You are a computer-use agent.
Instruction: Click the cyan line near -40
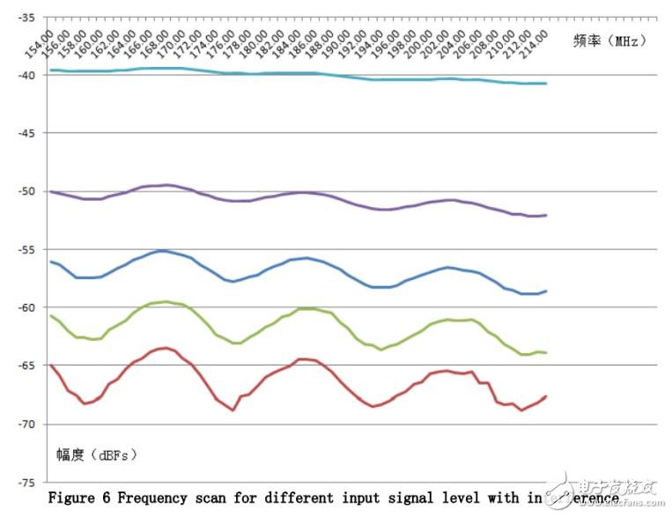(x=264, y=73)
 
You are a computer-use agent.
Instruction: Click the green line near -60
(x=264, y=329)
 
